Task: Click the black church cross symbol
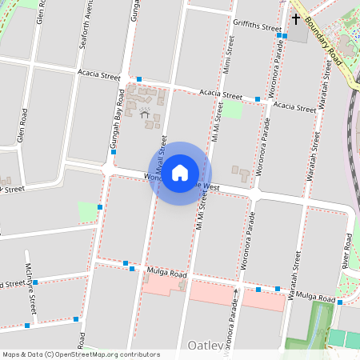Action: [295, 18]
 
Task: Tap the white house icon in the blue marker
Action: [180, 173]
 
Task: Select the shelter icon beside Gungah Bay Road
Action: [145, 114]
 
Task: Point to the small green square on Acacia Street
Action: [231, 110]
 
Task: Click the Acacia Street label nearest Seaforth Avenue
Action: [98, 74]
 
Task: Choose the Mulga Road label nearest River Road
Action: [315, 297]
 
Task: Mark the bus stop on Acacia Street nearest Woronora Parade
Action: [258, 99]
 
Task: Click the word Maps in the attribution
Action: [12, 354]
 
